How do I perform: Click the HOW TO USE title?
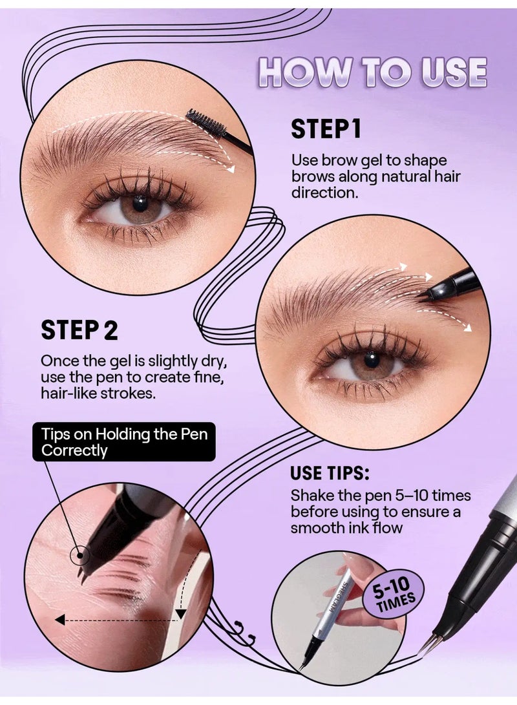(x=373, y=72)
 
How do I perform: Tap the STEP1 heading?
(x=325, y=129)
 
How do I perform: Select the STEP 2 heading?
(x=79, y=330)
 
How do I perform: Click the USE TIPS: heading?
(x=330, y=472)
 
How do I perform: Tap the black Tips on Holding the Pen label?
(x=124, y=442)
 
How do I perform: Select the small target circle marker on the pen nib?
(x=81, y=554)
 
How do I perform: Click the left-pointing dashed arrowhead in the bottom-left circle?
(x=59, y=620)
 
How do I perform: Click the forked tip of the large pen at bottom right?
(x=429, y=644)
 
